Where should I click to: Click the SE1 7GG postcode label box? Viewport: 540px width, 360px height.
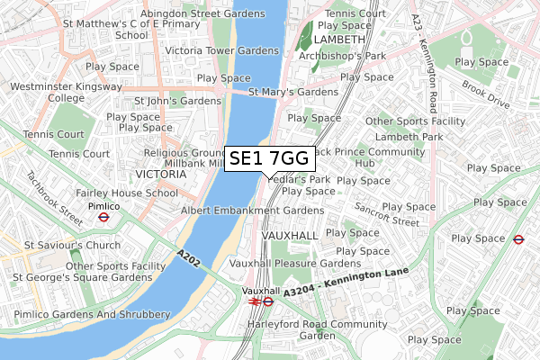(269, 159)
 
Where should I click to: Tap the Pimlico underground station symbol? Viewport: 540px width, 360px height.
(103, 216)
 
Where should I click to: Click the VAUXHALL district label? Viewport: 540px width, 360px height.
(289, 235)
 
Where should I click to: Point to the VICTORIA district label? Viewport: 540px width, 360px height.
(160, 174)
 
